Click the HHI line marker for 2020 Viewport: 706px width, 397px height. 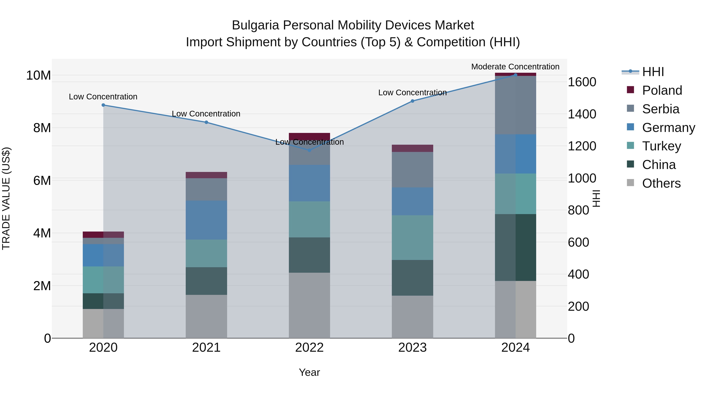click(103, 105)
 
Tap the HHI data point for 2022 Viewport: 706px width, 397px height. click(309, 150)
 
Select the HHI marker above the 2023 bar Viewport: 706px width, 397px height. click(412, 101)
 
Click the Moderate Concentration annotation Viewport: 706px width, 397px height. click(515, 67)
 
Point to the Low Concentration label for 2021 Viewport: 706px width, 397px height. click(206, 114)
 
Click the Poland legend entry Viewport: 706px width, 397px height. click(662, 90)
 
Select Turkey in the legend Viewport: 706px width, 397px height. click(661, 146)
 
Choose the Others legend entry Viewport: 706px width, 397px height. click(661, 183)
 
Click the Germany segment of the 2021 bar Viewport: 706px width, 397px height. click(206, 220)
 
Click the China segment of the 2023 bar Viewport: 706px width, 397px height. click(412, 278)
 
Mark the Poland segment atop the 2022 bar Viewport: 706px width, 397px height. click(309, 136)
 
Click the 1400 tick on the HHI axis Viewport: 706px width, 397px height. click(582, 114)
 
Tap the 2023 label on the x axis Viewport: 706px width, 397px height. click(412, 348)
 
